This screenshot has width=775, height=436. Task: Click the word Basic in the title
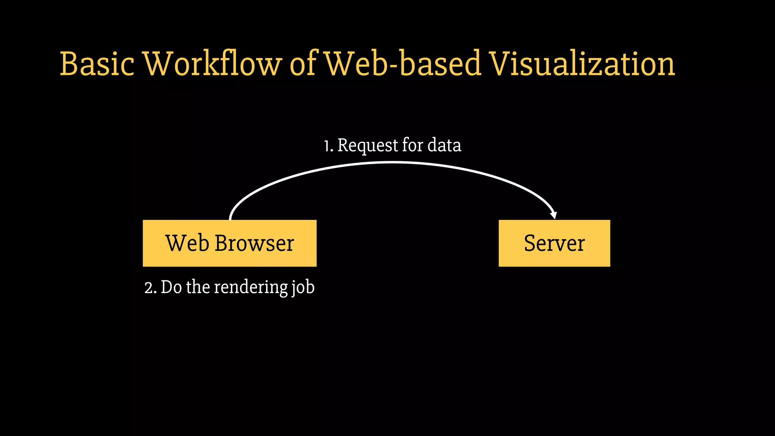coord(97,64)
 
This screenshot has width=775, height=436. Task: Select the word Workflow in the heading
coord(212,64)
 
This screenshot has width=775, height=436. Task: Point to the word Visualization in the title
coord(582,64)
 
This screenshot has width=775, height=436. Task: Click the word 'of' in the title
coord(303,64)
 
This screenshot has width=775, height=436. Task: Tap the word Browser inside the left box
coord(254,243)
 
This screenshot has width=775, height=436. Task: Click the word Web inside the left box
coord(187,243)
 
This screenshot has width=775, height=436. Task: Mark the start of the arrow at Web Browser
coord(230,218)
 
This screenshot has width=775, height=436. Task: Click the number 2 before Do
coord(149,288)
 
